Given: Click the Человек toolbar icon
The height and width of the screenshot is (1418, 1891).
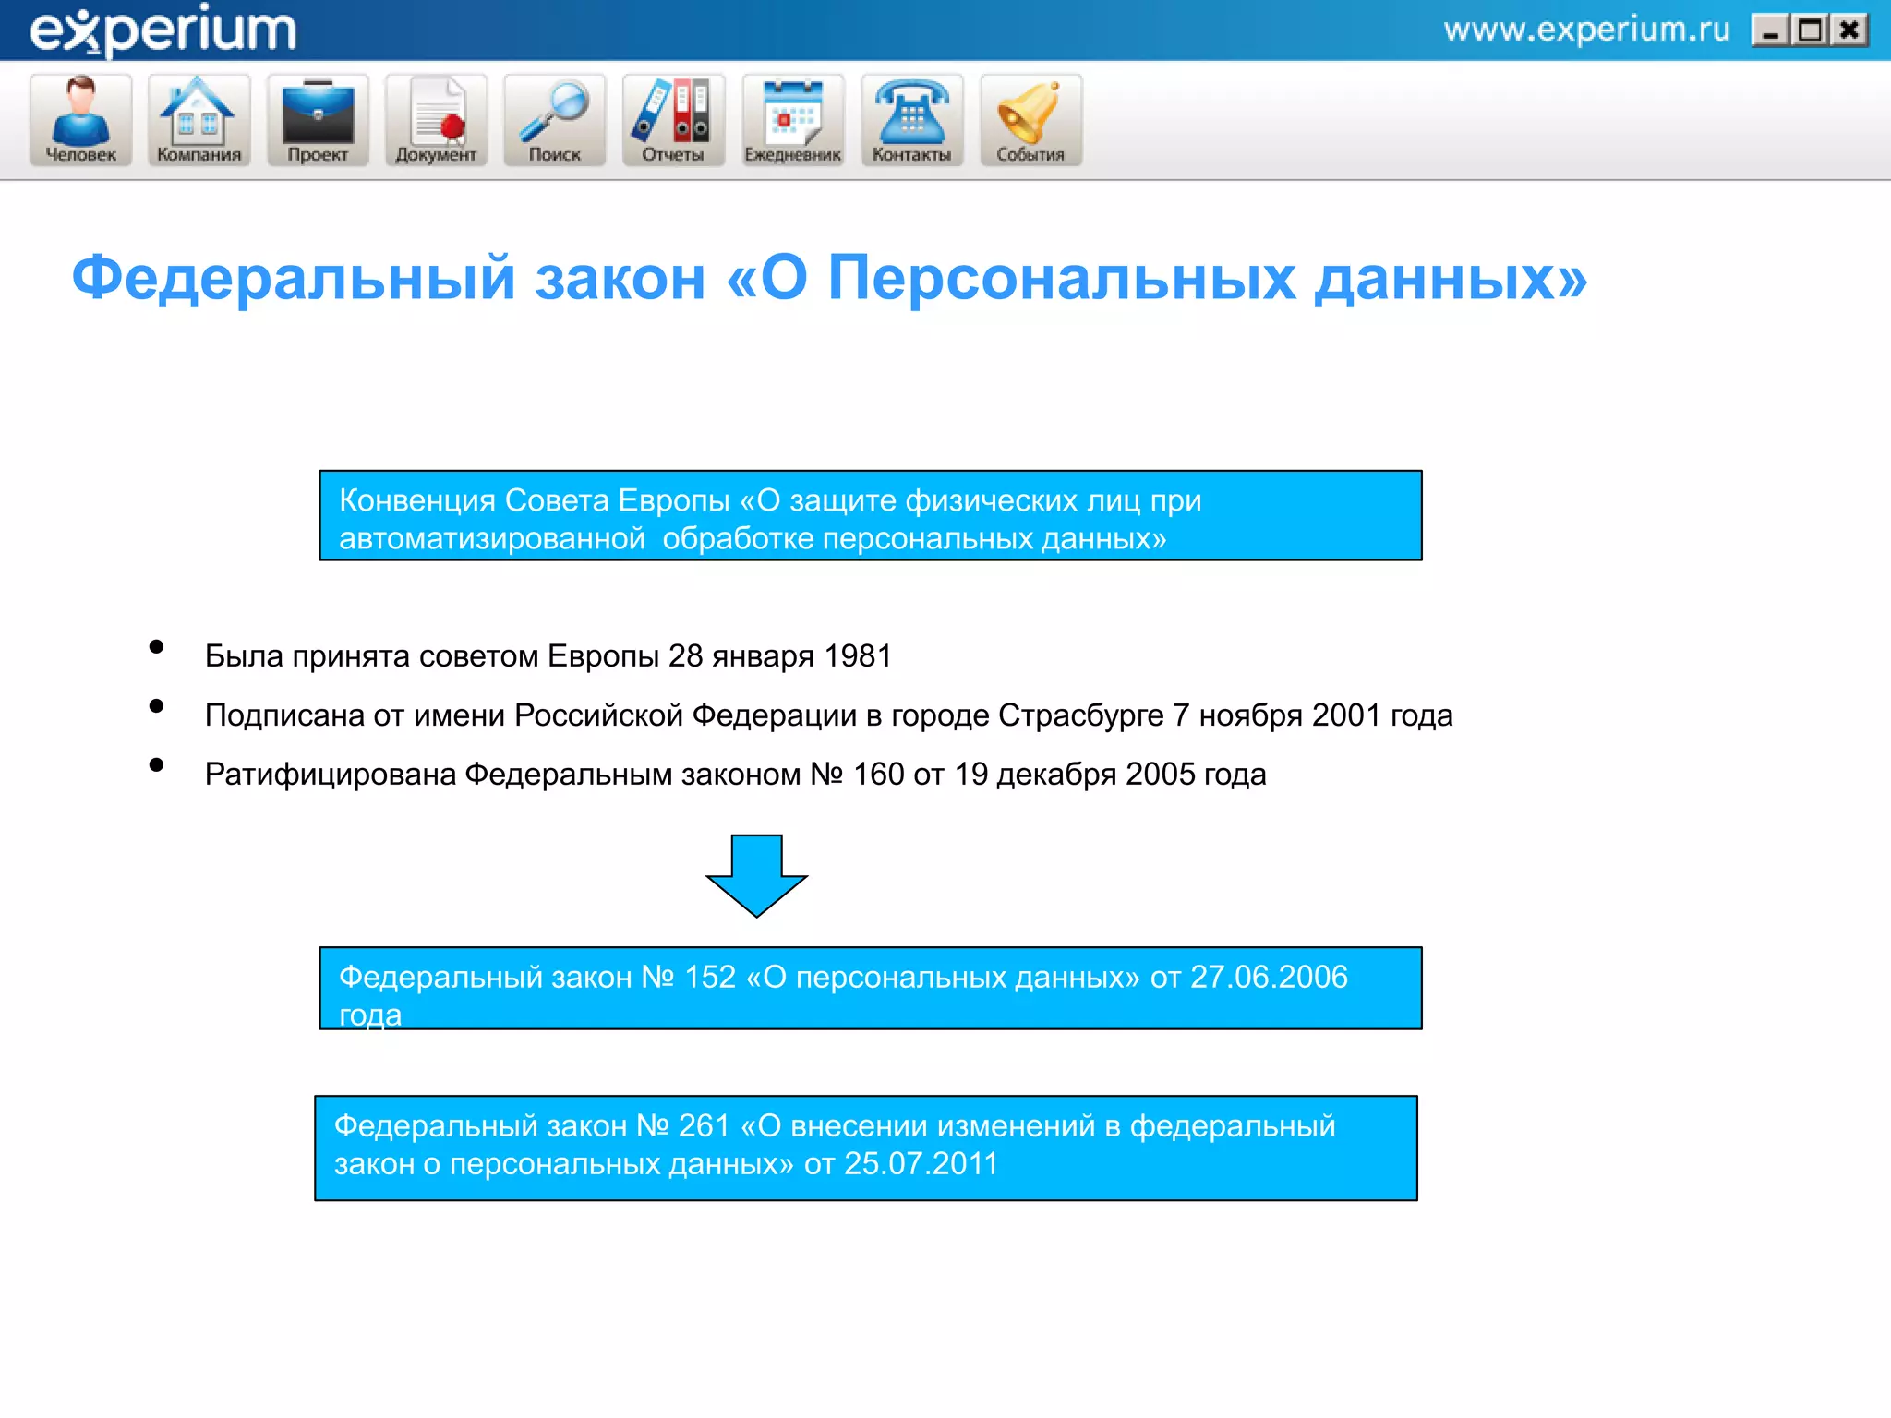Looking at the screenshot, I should tap(81, 119).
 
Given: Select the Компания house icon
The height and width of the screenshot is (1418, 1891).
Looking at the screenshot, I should tap(199, 119).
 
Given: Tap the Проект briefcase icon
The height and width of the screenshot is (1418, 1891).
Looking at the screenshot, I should tap(318, 119).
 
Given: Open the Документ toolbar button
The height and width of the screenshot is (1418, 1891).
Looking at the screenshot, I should tap(436, 119).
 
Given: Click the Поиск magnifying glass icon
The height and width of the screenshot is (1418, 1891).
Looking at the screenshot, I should tap(554, 119).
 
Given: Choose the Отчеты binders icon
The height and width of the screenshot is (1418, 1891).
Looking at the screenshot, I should tap(673, 119).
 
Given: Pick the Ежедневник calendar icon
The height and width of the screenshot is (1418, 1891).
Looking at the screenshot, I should tap(792, 119).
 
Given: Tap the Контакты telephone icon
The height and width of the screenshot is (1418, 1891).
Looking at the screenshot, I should tap(911, 119).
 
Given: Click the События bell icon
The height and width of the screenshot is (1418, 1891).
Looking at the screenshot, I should tap(1030, 119).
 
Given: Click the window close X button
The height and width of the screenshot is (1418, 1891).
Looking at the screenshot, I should tap(1849, 31).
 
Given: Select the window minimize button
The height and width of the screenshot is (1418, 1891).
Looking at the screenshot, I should tap(1770, 31).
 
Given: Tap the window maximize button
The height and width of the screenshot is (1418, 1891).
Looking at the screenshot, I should tap(1810, 31).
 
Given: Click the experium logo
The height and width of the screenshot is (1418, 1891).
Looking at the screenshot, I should tap(163, 30).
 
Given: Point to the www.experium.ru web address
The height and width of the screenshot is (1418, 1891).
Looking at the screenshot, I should tap(1586, 30).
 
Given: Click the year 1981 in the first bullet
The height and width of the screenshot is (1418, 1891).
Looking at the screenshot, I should tap(858, 656).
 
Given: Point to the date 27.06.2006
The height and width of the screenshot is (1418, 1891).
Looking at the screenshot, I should tap(1269, 977).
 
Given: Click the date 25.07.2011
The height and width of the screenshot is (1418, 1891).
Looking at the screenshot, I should tap(921, 1164).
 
